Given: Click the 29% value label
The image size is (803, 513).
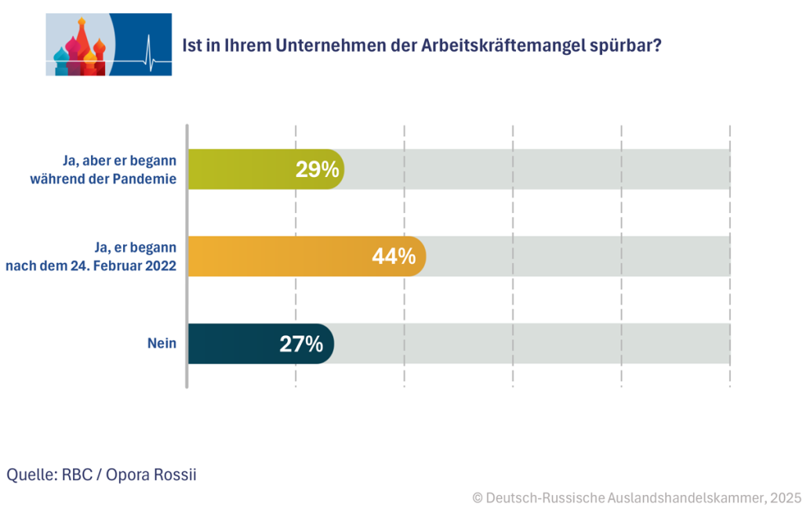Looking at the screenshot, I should [x=317, y=169].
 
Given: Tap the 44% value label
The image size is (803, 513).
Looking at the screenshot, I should [x=394, y=256].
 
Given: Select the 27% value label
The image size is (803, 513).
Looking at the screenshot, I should [x=301, y=344].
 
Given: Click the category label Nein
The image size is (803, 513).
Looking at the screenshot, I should [x=162, y=343].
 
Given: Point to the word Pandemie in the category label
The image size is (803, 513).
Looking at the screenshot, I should [x=149, y=178].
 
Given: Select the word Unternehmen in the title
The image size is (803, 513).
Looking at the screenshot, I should [x=318, y=45].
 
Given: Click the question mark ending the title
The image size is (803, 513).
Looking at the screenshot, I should [x=656, y=45].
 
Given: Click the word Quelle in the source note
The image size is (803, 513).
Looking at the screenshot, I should [x=27, y=475].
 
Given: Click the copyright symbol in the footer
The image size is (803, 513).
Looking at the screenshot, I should [x=477, y=497].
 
